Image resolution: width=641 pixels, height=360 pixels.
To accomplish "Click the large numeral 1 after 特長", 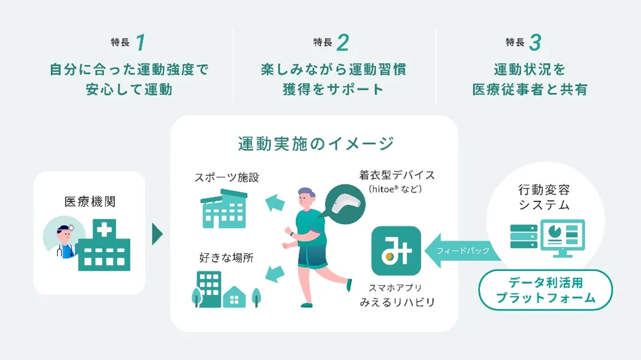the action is [141, 42].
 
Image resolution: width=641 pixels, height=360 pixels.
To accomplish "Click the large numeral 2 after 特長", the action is [343, 42].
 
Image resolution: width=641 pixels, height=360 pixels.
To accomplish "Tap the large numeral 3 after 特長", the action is [535, 42].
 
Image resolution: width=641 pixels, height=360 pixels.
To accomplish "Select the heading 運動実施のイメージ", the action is [316, 143].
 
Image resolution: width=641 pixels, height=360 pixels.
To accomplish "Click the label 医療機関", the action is [90, 202].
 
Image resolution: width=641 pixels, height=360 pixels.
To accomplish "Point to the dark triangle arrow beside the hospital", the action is [157, 234].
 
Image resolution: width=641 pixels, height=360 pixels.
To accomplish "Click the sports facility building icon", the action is [224, 209].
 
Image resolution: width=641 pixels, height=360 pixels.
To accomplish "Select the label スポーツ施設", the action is [226, 177].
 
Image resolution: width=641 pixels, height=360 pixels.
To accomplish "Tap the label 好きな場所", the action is [226, 258].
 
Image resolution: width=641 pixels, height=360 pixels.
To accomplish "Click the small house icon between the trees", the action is [234, 297].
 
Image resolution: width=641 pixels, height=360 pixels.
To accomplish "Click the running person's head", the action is [306, 198].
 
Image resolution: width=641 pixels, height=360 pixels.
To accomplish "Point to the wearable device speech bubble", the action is [345, 204].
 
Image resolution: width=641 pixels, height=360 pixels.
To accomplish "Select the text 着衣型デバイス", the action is [397, 175].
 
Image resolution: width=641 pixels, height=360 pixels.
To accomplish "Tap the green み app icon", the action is [396, 251].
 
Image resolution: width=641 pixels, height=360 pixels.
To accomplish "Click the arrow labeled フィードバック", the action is [463, 250].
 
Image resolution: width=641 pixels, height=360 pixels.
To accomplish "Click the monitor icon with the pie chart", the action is [563, 238].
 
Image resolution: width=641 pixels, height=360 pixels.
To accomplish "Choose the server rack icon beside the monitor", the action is [524, 236].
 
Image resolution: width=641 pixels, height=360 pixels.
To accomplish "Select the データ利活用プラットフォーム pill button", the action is [546, 290].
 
